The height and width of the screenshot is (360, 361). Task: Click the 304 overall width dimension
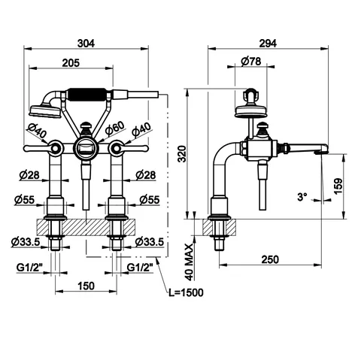[x=86, y=44]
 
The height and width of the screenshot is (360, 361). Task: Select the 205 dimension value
[x=71, y=62]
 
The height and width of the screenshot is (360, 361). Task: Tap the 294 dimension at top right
[x=268, y=44]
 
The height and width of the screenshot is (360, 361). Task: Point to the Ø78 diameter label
[x=250, y=62]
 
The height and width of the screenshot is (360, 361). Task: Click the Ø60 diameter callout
[x=114, y=128]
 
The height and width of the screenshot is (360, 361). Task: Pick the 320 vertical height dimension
[x=183, y=154]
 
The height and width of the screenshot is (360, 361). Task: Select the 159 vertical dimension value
[x=338, y=186]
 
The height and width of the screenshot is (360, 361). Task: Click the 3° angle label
[x=302, y=197]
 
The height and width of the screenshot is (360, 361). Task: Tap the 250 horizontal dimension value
[x=270, y=259]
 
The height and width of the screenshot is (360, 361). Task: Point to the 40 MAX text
[x=190, y=262]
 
